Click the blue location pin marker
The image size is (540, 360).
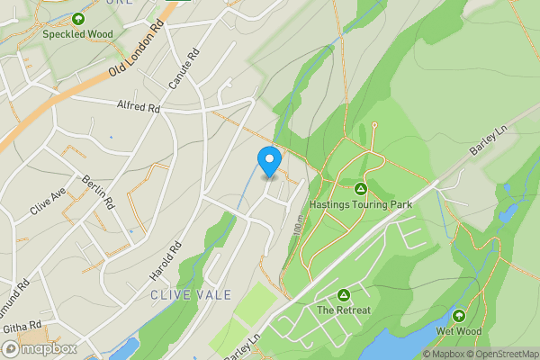268,161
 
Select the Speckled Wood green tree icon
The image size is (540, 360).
77,19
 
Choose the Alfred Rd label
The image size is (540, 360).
138,107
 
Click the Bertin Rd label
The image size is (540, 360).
98,191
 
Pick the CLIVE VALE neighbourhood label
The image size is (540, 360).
191,294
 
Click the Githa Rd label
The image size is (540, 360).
22,324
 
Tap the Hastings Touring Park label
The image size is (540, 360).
360,204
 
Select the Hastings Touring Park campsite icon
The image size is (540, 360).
360,188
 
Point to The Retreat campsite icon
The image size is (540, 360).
343,295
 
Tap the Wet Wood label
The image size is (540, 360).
459,331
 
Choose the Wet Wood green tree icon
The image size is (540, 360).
459,315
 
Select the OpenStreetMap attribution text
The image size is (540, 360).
499,354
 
